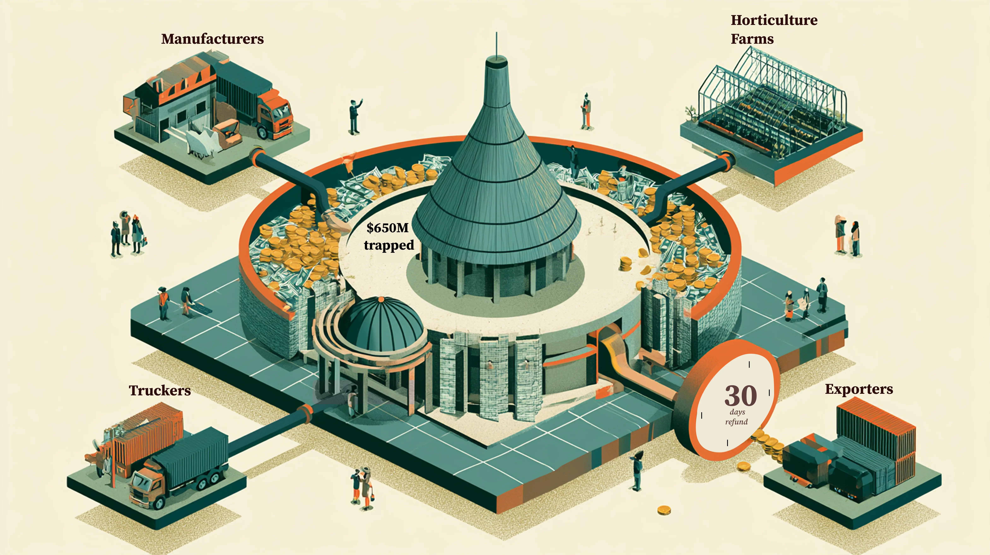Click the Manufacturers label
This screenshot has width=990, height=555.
tap(213, 39)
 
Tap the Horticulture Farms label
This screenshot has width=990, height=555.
tap(774, 29)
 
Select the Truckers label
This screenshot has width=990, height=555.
tap(160, 390)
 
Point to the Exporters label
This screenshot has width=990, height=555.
tap(859, 389)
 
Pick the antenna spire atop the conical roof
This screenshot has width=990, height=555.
tap(497, 44)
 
